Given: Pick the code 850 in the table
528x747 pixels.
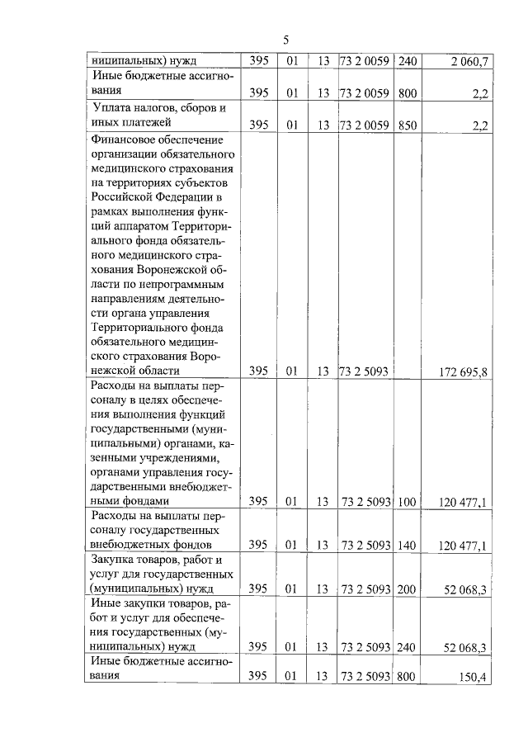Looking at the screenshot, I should click(x=406, y=124).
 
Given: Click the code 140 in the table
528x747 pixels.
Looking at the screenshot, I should click(x=406, y=545).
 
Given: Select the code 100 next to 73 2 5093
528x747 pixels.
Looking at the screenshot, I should click(x=406, y=501).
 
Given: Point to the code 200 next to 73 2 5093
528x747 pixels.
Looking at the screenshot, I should click(x=406, y=589).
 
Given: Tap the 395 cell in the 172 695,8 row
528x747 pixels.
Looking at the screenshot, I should click(x=258, y=372).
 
